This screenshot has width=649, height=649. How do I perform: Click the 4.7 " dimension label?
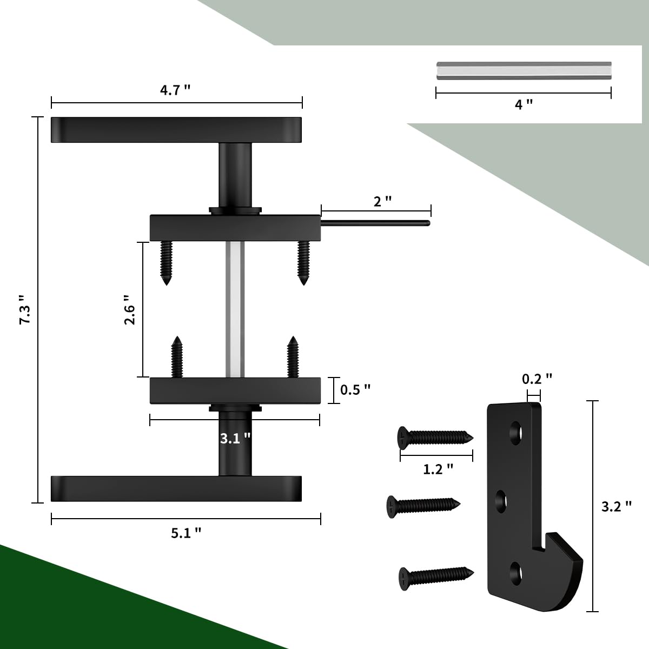pyautogui.click(x=175, y=90)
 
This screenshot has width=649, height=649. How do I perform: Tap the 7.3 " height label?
pyautogui.click(x=25, y=309)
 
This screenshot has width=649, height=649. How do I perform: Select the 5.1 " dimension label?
pyautogui.click(x=186, y=533)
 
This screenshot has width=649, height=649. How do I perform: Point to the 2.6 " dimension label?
pyautogui.click(x=129, y=309)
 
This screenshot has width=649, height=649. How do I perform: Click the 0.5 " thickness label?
pyautogui.click(x=355, y=389)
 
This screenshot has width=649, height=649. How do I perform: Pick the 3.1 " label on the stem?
pyautogui.click(x=235, y=438)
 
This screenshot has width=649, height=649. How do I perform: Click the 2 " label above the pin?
pyautogui.click(x=382, y=201)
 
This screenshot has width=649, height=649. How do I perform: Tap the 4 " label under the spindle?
pyautogui.click(x=523, y=104)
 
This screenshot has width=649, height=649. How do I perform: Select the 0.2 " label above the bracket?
pyautogui.click(x=537, y=379)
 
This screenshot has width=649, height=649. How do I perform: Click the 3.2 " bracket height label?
pyautogui.click(x=617, y=506)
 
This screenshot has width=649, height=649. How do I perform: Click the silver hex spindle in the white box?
pyautogui.click(x=524, y=70)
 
